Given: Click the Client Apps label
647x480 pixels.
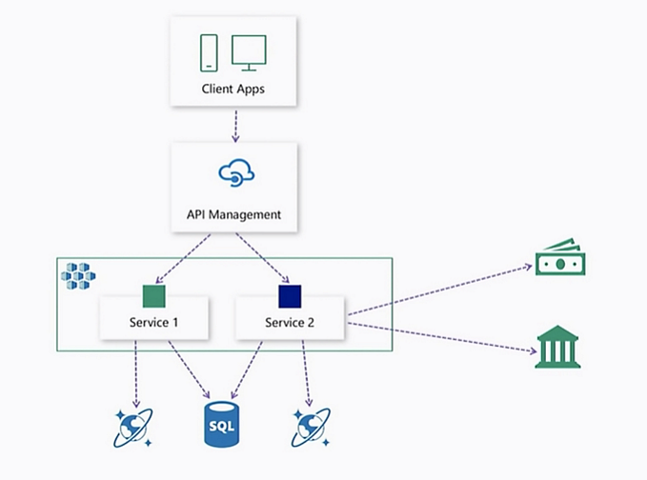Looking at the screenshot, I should [233, 90].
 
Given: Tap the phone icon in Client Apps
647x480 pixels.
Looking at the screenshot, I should [208, 52].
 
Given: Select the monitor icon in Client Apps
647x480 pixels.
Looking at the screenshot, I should [249, 52].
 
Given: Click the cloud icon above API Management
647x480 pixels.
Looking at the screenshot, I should [233, 174].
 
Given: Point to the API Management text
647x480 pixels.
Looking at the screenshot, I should [233, 214].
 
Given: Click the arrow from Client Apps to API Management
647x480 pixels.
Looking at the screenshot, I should [233, 125].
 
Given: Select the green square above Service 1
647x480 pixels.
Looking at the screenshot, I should [153, 295].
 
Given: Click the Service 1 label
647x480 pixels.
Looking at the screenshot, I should [154, 323].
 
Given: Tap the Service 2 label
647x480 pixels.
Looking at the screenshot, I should [290, 323].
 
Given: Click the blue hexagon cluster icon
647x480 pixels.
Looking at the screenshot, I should [78, 276].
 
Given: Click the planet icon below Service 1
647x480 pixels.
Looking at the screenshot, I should [134, 428].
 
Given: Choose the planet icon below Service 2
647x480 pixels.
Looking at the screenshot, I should [311, 428].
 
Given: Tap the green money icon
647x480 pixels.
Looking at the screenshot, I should [560, 257].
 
